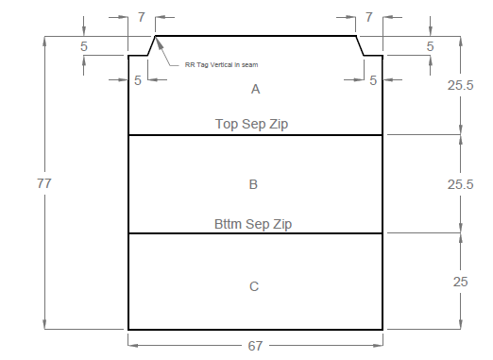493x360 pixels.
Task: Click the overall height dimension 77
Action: (x=44, y=183)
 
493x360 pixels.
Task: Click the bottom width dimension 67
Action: (x=255, y=346)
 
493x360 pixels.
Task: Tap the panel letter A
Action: (x=256, y=90)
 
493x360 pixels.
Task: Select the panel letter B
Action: (x=253, y=184)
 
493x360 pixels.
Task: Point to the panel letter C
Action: (x=254, y=286)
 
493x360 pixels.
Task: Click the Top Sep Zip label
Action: (x=251, y=124)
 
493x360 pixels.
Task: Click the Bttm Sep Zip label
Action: (x=253, y=224)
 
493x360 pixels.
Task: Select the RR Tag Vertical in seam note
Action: (x=221, y=65)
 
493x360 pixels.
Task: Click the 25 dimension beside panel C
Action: (x=460, y=282)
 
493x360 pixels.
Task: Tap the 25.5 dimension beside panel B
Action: (x=460, y=184)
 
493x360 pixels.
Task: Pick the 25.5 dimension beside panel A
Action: (x=460, y=85)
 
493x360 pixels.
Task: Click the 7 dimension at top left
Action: (x=142, y=17)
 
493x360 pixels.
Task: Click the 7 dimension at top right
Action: (x=369, y=17)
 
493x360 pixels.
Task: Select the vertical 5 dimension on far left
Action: (x=84, y=46)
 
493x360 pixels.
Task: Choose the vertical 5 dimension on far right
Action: (x=431, y=46)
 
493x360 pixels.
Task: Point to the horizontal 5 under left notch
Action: (x=138, y=80)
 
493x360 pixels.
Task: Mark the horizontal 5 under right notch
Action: (x=373, y=80)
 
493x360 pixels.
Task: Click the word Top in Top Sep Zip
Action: (x=227, y=124)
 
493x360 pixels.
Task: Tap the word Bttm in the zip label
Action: (x=229, y=224)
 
